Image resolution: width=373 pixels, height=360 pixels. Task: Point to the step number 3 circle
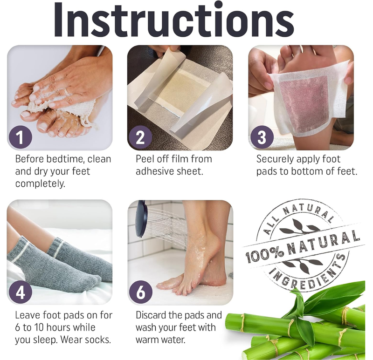click(262, 138)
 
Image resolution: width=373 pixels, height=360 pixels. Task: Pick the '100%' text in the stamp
click(263, 254)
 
